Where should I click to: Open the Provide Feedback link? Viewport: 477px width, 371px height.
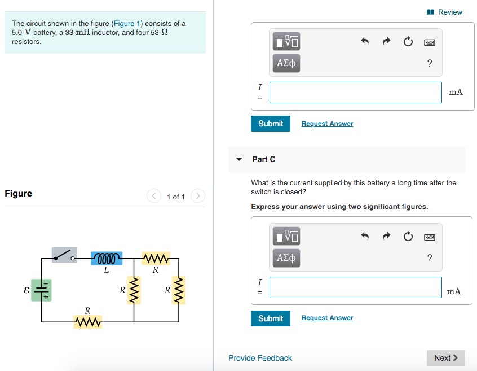(260, 358)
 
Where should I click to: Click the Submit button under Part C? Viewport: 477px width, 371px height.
(271, 318)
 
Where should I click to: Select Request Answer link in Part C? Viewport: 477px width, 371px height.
(327, 318)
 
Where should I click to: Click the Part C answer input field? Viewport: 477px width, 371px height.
(355, 287)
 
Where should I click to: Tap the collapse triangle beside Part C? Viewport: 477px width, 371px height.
(239, 159)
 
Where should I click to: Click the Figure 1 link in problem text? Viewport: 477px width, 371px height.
(124, 24)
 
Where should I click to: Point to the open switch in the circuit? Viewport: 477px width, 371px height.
(64, 255)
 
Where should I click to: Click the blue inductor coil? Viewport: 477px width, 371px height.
(106, 259)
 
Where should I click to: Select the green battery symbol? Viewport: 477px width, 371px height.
(41, 290)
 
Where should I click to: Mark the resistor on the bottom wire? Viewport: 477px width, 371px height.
(87, 322)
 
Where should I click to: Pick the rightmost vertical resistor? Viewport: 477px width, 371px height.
(179, 290)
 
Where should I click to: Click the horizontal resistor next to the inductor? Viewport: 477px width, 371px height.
(155, 259)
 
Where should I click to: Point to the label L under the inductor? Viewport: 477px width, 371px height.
(106, 270)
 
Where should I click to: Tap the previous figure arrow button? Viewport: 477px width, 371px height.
(154, 197)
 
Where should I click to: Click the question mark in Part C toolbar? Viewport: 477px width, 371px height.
(430, 258)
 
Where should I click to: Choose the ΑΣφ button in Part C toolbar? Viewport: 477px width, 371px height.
(286, 258)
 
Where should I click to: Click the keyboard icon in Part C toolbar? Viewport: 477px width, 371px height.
(430, 238)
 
